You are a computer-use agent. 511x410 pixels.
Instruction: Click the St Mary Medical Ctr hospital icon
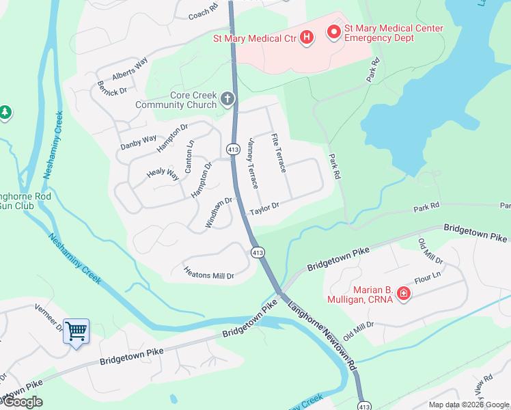307,38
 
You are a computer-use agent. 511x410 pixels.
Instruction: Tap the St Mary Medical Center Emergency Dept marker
334,32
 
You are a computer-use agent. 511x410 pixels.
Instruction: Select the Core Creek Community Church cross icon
227,100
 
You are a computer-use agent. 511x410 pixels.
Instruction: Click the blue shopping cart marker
76,331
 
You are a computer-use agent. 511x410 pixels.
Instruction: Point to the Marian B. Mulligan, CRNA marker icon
404,294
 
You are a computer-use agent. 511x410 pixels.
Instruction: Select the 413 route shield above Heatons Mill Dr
258,252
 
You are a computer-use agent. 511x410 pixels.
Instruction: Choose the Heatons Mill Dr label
209,273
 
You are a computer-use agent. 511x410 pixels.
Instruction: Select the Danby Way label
139,143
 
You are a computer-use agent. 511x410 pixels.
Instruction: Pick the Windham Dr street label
219,213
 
